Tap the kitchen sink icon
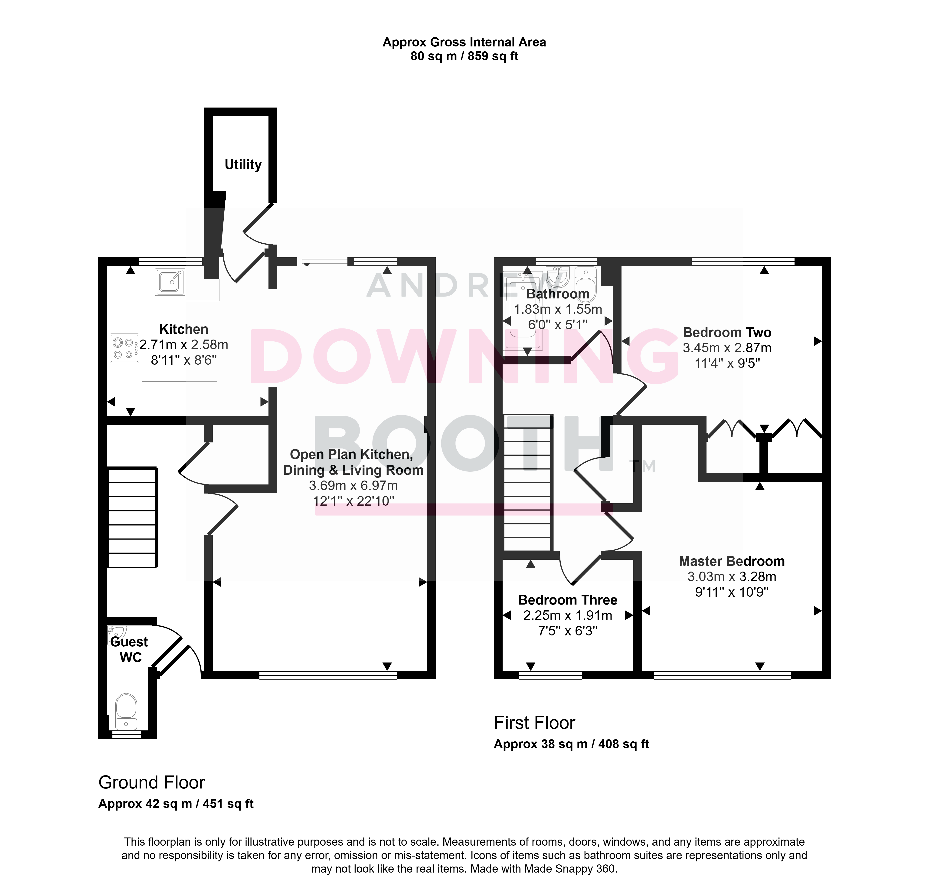pyautogui.click(x=170, y=282)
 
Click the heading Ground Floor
pyautogui.click(x=152, y=782)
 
